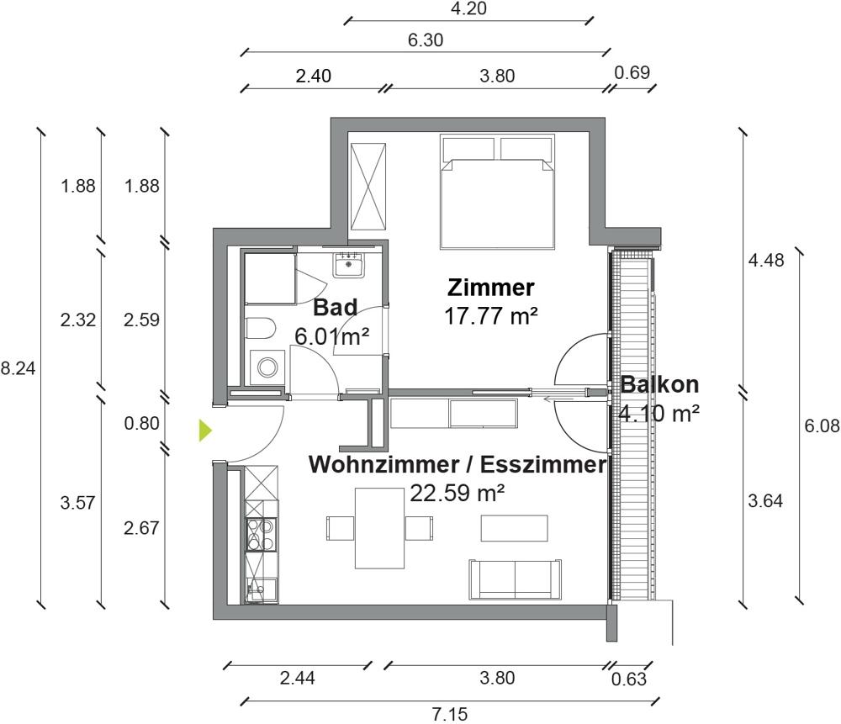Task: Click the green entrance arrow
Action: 204,431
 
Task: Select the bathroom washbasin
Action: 348,266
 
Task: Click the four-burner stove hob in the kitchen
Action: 259,534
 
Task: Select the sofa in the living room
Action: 515,578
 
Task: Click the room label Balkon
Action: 660,385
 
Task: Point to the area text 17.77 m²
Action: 491,315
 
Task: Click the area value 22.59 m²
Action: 457,492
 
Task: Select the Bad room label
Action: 335,307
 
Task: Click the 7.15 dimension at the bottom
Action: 450,714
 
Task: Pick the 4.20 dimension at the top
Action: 469,9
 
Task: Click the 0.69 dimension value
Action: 632,72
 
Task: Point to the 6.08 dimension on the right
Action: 822,426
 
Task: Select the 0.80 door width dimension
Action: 141,423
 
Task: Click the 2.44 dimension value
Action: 297,678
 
